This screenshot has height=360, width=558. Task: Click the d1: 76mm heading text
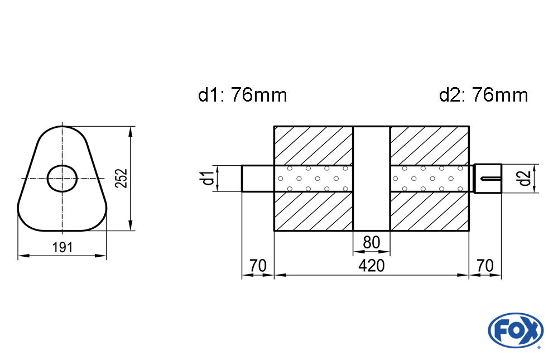(x=242, y=95)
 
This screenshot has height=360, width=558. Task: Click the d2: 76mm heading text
(x=483, y=95)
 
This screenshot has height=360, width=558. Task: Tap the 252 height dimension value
(x=122, y=179)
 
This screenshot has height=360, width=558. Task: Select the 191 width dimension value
(x=62, y=247)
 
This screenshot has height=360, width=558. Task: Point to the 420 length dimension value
(x=372, y=266)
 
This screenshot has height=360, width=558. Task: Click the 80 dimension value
(x=372, y=243)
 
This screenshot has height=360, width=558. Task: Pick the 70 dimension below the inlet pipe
(x=258, y=266)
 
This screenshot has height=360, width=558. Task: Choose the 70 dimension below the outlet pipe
(x=485, y=266)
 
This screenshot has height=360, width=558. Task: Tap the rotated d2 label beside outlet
(x=525, y=179)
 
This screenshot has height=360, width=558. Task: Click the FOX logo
(x=516, y=330)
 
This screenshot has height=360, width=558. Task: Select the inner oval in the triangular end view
(x=62, y=179)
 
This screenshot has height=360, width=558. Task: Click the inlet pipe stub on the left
(x=258, y=179)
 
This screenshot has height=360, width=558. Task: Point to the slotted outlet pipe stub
(x=488, y=179)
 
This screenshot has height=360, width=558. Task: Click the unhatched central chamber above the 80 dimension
(x=372, y=179)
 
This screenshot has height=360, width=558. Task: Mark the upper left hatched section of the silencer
(x=314, y=146)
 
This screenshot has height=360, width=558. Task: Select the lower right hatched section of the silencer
(x=430, y=211)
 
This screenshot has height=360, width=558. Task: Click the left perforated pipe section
(x=314, y=179)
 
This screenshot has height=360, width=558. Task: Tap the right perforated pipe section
(x=430, y=179)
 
